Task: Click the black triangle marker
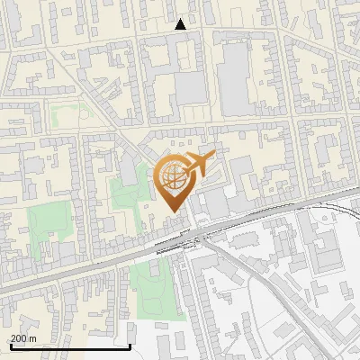tap(180, 24)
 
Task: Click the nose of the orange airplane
tap(213, 156)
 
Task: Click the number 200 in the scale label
tap(18, 338)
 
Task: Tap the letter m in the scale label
tap(32, 338)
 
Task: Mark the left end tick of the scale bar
tap(10, 345)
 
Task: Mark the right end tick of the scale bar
tap(130, 345)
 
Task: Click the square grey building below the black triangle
tap(190, 88)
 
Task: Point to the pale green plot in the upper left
tap(65, 117)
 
